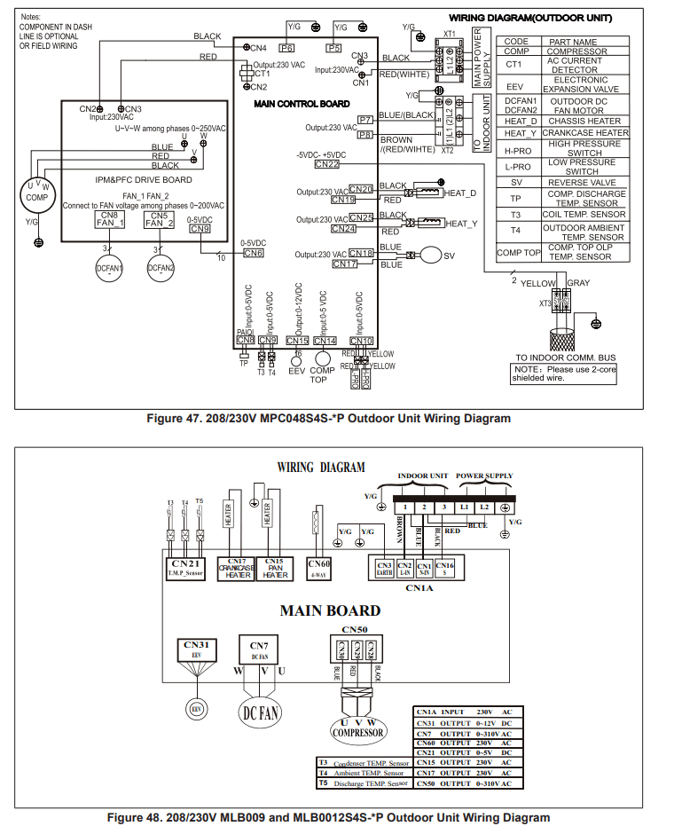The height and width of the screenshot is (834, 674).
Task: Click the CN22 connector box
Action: [x=326, y=163]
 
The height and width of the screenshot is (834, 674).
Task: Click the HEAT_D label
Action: [x=460, y=193]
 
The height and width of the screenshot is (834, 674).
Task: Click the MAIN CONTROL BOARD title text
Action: [x=302, y=104]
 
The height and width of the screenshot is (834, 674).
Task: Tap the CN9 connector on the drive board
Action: [x=200, y=229]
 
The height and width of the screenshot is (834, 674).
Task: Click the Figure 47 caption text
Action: [x=328, y=419]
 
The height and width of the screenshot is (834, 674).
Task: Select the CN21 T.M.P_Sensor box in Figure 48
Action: [x=185, y=568]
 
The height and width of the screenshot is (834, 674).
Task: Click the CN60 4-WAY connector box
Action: [x=319, y=568]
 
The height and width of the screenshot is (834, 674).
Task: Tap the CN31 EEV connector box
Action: [x=198, y=649]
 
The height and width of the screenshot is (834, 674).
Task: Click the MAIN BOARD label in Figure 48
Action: [x=330, y=610]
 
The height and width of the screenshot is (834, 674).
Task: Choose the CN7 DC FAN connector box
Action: [x=259, y=649]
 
